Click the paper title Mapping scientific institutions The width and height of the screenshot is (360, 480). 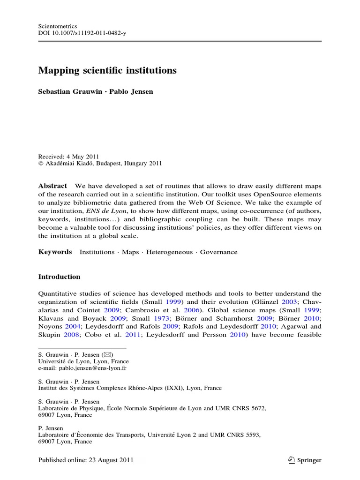point(107,71)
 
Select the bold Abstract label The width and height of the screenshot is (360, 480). point(52,186)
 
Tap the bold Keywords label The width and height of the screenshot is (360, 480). point(55,252)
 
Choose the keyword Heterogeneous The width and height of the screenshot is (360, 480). point(169,252)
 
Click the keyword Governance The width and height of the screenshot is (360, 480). point(218,252)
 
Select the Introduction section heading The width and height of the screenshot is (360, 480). point(59,277)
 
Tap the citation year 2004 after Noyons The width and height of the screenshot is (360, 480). point(74,327)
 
